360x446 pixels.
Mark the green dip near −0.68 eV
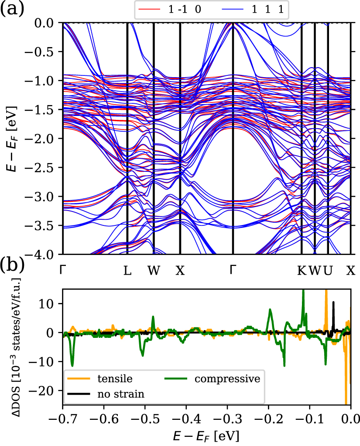click(x=72, y=364)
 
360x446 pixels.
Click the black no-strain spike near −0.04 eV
click(x=334, y=303)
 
